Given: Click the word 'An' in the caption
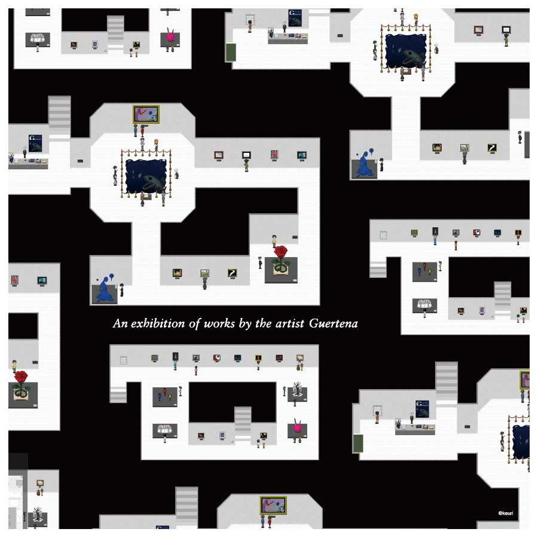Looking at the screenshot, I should [120, 324].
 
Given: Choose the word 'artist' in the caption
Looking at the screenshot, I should [290, 324].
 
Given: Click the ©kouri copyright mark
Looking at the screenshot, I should [506, 512].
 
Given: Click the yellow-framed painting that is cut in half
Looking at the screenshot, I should [525, 380].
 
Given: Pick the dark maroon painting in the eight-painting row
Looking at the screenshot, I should [279, 358].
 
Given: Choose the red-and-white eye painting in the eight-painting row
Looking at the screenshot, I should [217, 358].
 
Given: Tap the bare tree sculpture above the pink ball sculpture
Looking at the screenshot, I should [297, 391].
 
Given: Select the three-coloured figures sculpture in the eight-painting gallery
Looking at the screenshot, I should [165, 396].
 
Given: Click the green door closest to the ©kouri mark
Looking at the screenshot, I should [358, 443].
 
